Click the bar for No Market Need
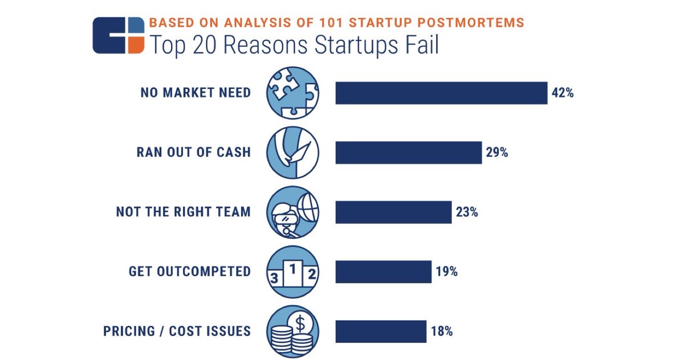click(x=441, y=93)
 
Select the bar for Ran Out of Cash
click(x=408, y=153)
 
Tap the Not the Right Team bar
click(x=393, y=212)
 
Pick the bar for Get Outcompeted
click(x=383, y=272)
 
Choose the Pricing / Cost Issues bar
click(x=381, y=332)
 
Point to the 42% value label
click(x=562, y=93)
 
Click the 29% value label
click(x=496, y=153)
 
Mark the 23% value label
click(x=466, y=212)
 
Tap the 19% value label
click(x=446, y=272)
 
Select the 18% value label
click(x=441, y=332)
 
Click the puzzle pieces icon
click(x=293, y=93)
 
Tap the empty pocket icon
click(x=293, y=153)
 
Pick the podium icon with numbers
click(x=293, y=272)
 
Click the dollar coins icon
click(x=293, y=332)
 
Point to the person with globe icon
click(x=293, y=212)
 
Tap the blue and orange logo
click(x=118, y=35)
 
